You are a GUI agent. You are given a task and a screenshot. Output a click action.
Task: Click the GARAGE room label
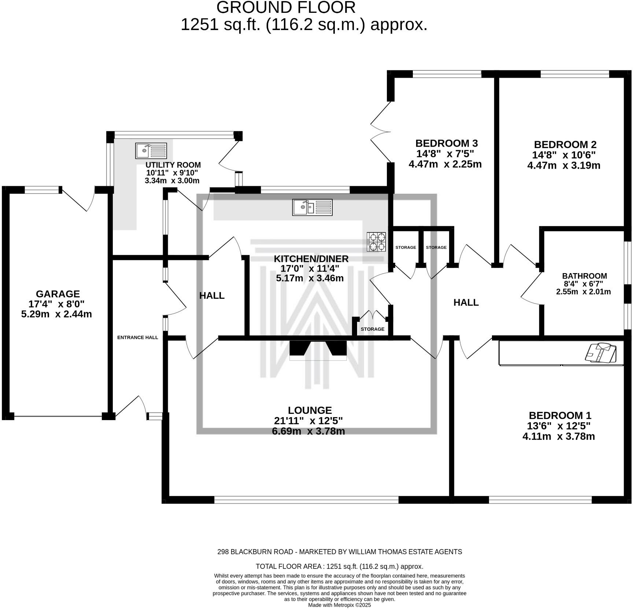point(58,294)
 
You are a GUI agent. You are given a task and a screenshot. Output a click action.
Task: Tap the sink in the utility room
point(151,151)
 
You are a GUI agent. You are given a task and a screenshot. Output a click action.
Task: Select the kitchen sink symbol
point(312,207)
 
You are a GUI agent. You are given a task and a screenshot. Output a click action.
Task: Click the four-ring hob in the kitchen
point(377,242)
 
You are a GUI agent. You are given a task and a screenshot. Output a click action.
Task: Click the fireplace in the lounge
point(318,350)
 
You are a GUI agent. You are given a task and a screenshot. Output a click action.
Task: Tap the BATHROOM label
point(585,276)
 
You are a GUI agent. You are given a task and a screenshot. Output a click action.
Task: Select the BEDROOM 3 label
point(447,143)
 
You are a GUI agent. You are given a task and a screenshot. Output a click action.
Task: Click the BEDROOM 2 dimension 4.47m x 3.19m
point(564,165)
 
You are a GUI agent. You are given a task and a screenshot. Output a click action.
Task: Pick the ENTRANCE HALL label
point(138,337)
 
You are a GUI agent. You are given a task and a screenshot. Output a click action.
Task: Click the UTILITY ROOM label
point(173,165)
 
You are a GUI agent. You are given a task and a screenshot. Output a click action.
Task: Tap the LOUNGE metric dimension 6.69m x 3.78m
point(308,431)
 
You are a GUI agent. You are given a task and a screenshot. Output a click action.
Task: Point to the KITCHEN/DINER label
point(311,258)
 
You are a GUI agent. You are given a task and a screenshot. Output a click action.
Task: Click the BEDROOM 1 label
point(560,415)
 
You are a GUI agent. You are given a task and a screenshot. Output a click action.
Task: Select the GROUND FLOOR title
point(286,7)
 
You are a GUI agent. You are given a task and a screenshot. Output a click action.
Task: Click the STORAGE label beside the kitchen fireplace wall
point(373,329)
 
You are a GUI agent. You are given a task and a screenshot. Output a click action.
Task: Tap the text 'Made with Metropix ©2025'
point(340,605)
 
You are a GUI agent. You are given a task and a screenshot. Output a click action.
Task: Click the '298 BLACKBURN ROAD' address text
point(255,552)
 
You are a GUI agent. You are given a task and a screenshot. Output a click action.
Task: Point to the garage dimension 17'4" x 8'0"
point(56,304)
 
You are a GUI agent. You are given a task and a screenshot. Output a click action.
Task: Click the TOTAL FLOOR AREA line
point(340,566)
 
